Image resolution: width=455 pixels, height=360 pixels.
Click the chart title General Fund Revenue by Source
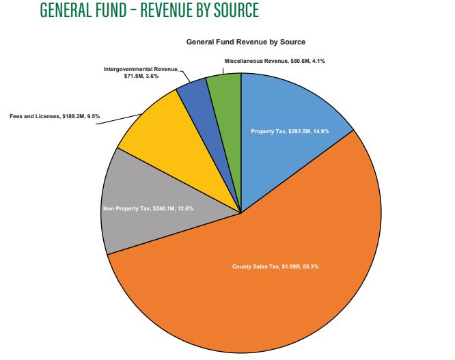click(245, 42)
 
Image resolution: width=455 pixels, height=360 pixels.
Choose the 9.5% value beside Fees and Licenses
click(92, 116)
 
